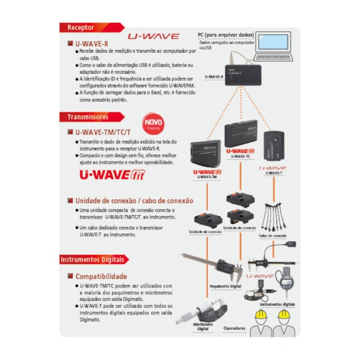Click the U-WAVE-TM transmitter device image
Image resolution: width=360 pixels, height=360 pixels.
204,155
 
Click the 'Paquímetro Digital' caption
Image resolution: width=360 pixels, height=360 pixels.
225,286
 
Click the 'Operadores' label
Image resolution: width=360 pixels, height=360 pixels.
234,328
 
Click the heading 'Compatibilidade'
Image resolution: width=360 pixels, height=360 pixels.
101,276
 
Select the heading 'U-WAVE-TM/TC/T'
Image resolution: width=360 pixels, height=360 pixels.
102,132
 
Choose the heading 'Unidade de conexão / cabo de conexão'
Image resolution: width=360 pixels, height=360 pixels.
134,200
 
